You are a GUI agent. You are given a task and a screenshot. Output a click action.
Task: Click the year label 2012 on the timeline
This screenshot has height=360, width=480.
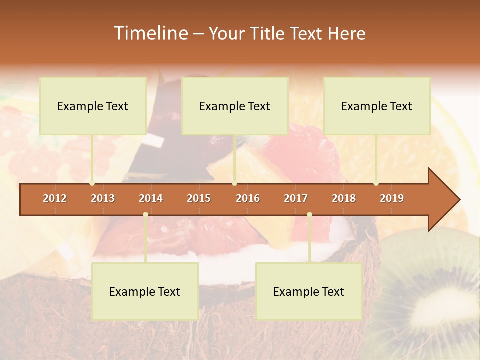[x=55, y=198]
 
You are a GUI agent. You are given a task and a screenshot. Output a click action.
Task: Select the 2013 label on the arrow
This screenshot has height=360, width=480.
[x=103, y=198]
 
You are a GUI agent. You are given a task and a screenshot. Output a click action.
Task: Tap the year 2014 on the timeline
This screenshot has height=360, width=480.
[x=151, y=198]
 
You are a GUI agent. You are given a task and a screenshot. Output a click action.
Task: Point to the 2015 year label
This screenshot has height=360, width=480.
[x=199, y=198]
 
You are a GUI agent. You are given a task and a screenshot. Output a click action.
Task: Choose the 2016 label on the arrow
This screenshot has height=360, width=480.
[x=248, y=198]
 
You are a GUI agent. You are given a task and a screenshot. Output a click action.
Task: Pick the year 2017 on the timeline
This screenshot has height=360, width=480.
[x=296, y=198]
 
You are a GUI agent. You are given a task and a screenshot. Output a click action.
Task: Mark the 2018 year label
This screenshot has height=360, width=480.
[x=344, y=198]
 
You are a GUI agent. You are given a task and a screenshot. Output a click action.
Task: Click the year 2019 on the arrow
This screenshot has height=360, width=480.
[x=392, y=198]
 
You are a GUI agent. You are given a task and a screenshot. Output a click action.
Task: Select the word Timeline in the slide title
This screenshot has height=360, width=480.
[x=150, y=33]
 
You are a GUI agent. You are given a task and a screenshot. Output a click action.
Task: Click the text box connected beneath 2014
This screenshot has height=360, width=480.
[x=145, y=291]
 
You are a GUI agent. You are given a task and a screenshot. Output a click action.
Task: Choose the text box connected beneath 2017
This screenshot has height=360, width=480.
[x=309, y=291]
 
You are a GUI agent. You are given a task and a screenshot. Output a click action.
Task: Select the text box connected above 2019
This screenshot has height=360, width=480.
[x=377, y=106]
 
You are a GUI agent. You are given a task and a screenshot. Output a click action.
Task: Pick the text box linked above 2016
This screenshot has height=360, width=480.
[x=235, y=106]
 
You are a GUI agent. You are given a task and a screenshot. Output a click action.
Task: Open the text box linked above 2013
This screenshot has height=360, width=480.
[x=93, y=106]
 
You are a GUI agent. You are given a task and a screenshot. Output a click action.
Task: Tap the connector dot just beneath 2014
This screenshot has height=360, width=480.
[x=145, y=215]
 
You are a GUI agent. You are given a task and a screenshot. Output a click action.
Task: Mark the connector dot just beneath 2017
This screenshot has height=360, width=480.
[x=309, y=215]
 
